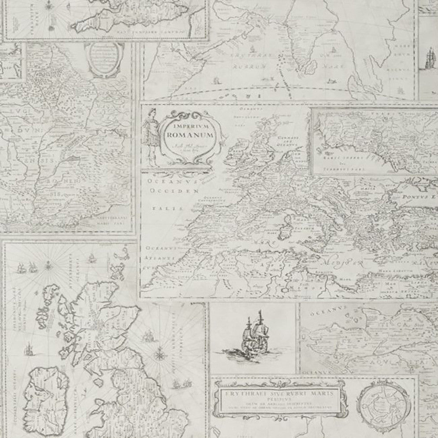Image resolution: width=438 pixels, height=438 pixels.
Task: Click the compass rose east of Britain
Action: click(x=160, y=353)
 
